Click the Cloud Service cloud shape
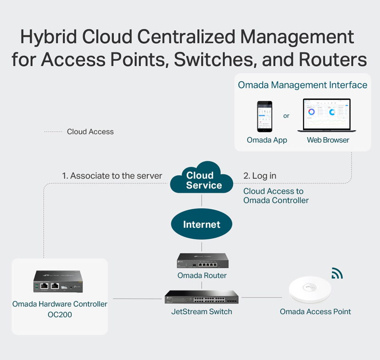tap(202, 180)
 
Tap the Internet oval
tap(202, 224)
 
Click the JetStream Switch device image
tap(202, 297)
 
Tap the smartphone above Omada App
tap(265, 117)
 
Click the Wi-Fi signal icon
tap(337, 273)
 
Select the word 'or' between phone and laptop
tap(286, 116)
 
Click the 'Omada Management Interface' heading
tap(303, 85)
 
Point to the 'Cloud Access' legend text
tap(90, 132)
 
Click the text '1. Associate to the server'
tap(112, 176)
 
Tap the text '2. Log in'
tap(260, 176)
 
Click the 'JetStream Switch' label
tap(202, 312)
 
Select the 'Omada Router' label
tap(202, 276)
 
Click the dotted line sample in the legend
tap(53, 132)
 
